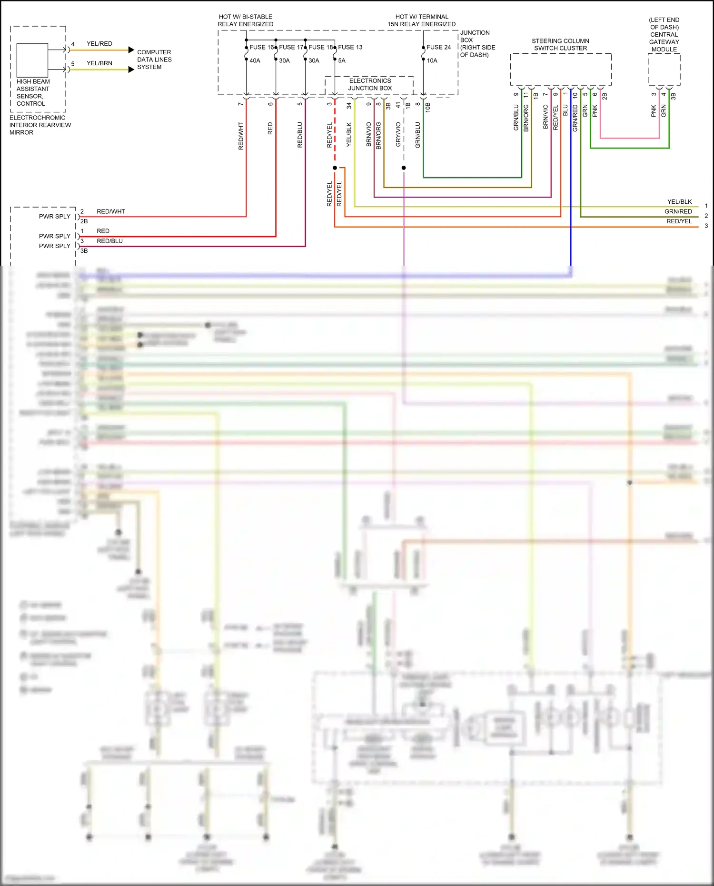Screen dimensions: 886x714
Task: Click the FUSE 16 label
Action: click(x=261, y=47)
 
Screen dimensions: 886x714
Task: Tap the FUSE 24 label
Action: click(x=438, y=47)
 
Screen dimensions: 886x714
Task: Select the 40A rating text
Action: click(x=255, y=60)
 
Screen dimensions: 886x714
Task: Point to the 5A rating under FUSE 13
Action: click(x=342, y=60)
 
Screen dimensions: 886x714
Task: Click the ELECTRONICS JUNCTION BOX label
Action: click(x=370, y=84)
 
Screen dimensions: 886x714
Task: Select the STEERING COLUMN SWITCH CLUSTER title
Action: click(x=560, y=45)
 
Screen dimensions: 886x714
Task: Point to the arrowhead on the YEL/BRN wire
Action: click(x=131, y=70)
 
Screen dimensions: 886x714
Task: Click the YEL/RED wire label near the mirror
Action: click(x=99, y=44)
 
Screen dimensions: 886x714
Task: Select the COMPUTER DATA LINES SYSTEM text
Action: click(x=154, y=60)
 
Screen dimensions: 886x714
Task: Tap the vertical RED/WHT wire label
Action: click(x=241, y=136)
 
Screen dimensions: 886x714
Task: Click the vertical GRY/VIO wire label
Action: click(x=398, y=134)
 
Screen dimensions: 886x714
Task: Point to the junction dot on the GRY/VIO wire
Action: click(x=404, y=168)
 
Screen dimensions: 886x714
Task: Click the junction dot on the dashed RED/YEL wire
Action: click(x=335, y=168)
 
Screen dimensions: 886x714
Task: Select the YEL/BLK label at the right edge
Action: click(x=679, y=202)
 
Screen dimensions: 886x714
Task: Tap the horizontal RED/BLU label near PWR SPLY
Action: click(x=109, y=241)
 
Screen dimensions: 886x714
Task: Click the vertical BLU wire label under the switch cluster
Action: click(x=565, y=110)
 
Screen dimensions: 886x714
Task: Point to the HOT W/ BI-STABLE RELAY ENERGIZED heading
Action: click(x=245, y=20)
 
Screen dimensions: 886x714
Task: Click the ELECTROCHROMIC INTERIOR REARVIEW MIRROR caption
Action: click(x=40, y=125)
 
